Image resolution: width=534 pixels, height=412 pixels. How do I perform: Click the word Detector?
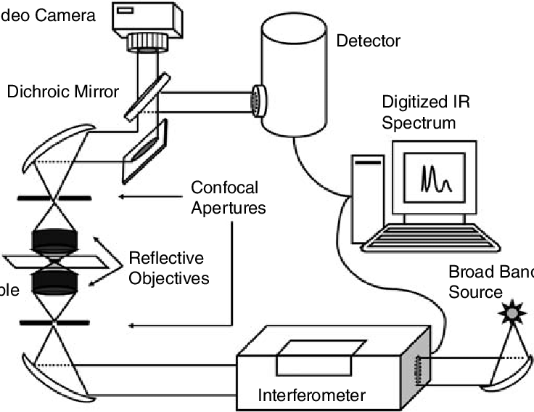tap(368, 41)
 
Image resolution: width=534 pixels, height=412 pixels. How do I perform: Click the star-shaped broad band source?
tap(513, 314)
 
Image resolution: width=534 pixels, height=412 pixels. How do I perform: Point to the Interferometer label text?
tap(312, 396)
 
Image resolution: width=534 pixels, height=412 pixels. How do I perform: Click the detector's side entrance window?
tap(259, 100)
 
